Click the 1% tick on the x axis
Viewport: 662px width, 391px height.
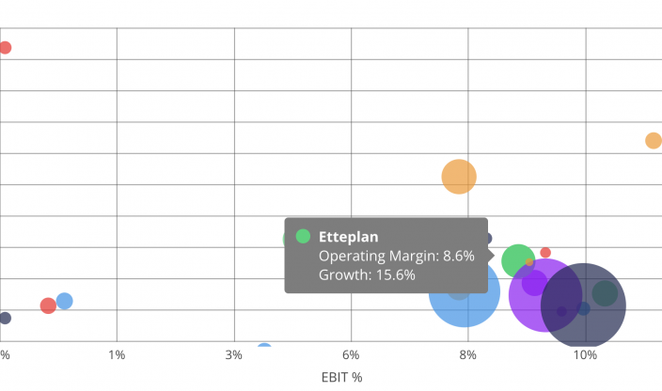tap(117, 354)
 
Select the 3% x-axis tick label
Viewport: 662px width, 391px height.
tap(234, 354)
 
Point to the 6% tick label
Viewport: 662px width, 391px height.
tap(351, 354)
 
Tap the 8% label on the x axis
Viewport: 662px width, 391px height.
tap(468, 354)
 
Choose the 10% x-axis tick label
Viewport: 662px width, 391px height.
tap(585, 354)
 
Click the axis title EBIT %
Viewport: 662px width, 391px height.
tap(342, 377)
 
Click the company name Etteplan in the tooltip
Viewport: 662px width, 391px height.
tap(348, 237)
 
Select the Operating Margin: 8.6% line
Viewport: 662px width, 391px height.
tap(396, 256)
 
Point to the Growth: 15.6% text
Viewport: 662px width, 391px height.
tap(367, 274)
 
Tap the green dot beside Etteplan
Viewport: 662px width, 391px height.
tap(303, 237)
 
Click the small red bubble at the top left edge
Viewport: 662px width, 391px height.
tap(5, 48)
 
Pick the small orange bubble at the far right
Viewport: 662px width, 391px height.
tap(654, 141)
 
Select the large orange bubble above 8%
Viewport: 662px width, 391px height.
tap(459, 176)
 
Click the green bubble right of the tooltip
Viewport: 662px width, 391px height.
tap(517, 261)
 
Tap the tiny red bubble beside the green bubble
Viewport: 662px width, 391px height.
tap(545, 253)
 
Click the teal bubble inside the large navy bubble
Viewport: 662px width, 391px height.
tap(605, 293)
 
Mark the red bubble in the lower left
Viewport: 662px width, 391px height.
tap(48, 305)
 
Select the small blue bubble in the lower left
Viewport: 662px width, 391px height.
tap(65, 301)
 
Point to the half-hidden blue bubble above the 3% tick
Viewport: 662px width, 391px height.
tap(264, 348)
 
